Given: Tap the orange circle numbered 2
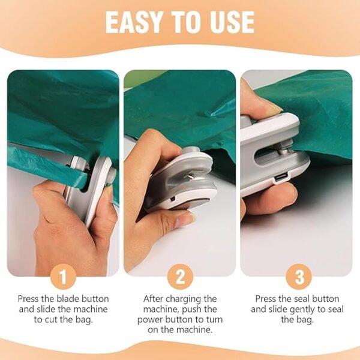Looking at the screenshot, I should [x=180, y=277].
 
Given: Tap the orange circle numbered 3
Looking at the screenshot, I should [x=298, y=277].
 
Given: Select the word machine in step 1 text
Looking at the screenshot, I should [x=88, y=310].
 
